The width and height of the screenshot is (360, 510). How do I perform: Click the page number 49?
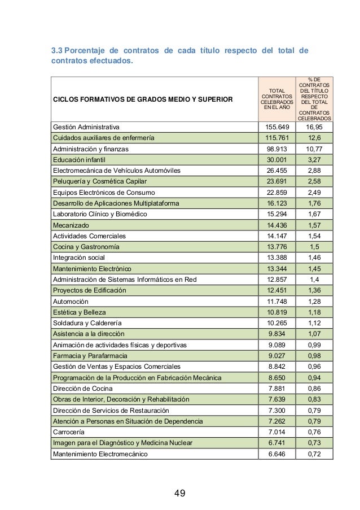pos(180,494)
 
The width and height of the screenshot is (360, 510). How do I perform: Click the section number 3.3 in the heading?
pos(58,50)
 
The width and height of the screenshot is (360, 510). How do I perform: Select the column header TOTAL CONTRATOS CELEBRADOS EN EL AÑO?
pos(276,99)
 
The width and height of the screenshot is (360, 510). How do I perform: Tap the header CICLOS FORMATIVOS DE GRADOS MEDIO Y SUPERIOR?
pos(142,100)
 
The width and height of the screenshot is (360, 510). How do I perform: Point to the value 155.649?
pos(276,127)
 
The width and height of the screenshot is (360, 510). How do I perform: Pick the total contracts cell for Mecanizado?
pos(276,225)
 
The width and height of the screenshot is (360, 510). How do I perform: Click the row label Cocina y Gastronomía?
pos(86,247)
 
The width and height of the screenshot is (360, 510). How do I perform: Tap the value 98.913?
pos(276,149)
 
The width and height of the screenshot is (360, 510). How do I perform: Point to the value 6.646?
pos(276,454)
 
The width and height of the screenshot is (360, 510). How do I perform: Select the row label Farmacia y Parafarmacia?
pos(90,356)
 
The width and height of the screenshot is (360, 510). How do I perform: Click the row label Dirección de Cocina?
pos(82,389)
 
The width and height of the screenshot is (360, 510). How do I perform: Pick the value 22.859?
pos(276,192)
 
